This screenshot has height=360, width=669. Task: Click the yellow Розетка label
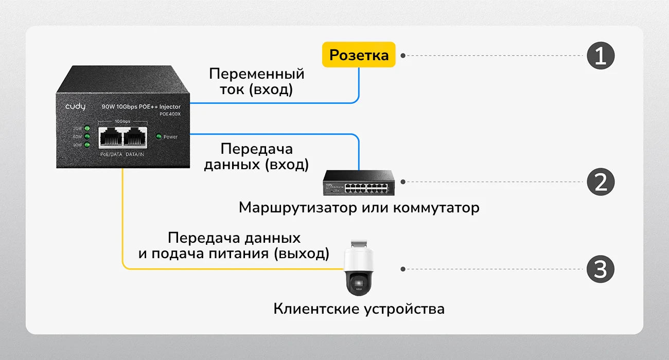point(359,55)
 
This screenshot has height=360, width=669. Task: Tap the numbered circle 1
point(601,56)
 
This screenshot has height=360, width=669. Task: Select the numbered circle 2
point(601,182)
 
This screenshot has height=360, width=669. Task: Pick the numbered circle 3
point(601,269)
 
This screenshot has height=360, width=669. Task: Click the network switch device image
point(359,182)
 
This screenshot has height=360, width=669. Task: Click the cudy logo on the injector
point(75,106)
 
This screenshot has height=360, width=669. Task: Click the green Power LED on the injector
point(159,137)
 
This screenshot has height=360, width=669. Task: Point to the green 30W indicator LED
point(87,128)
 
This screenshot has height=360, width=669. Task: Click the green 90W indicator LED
point(87,145)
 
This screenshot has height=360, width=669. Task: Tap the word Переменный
point(256,74)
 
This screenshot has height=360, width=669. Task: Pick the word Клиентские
point(316,309)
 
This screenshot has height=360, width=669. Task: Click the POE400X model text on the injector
point(170,114)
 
